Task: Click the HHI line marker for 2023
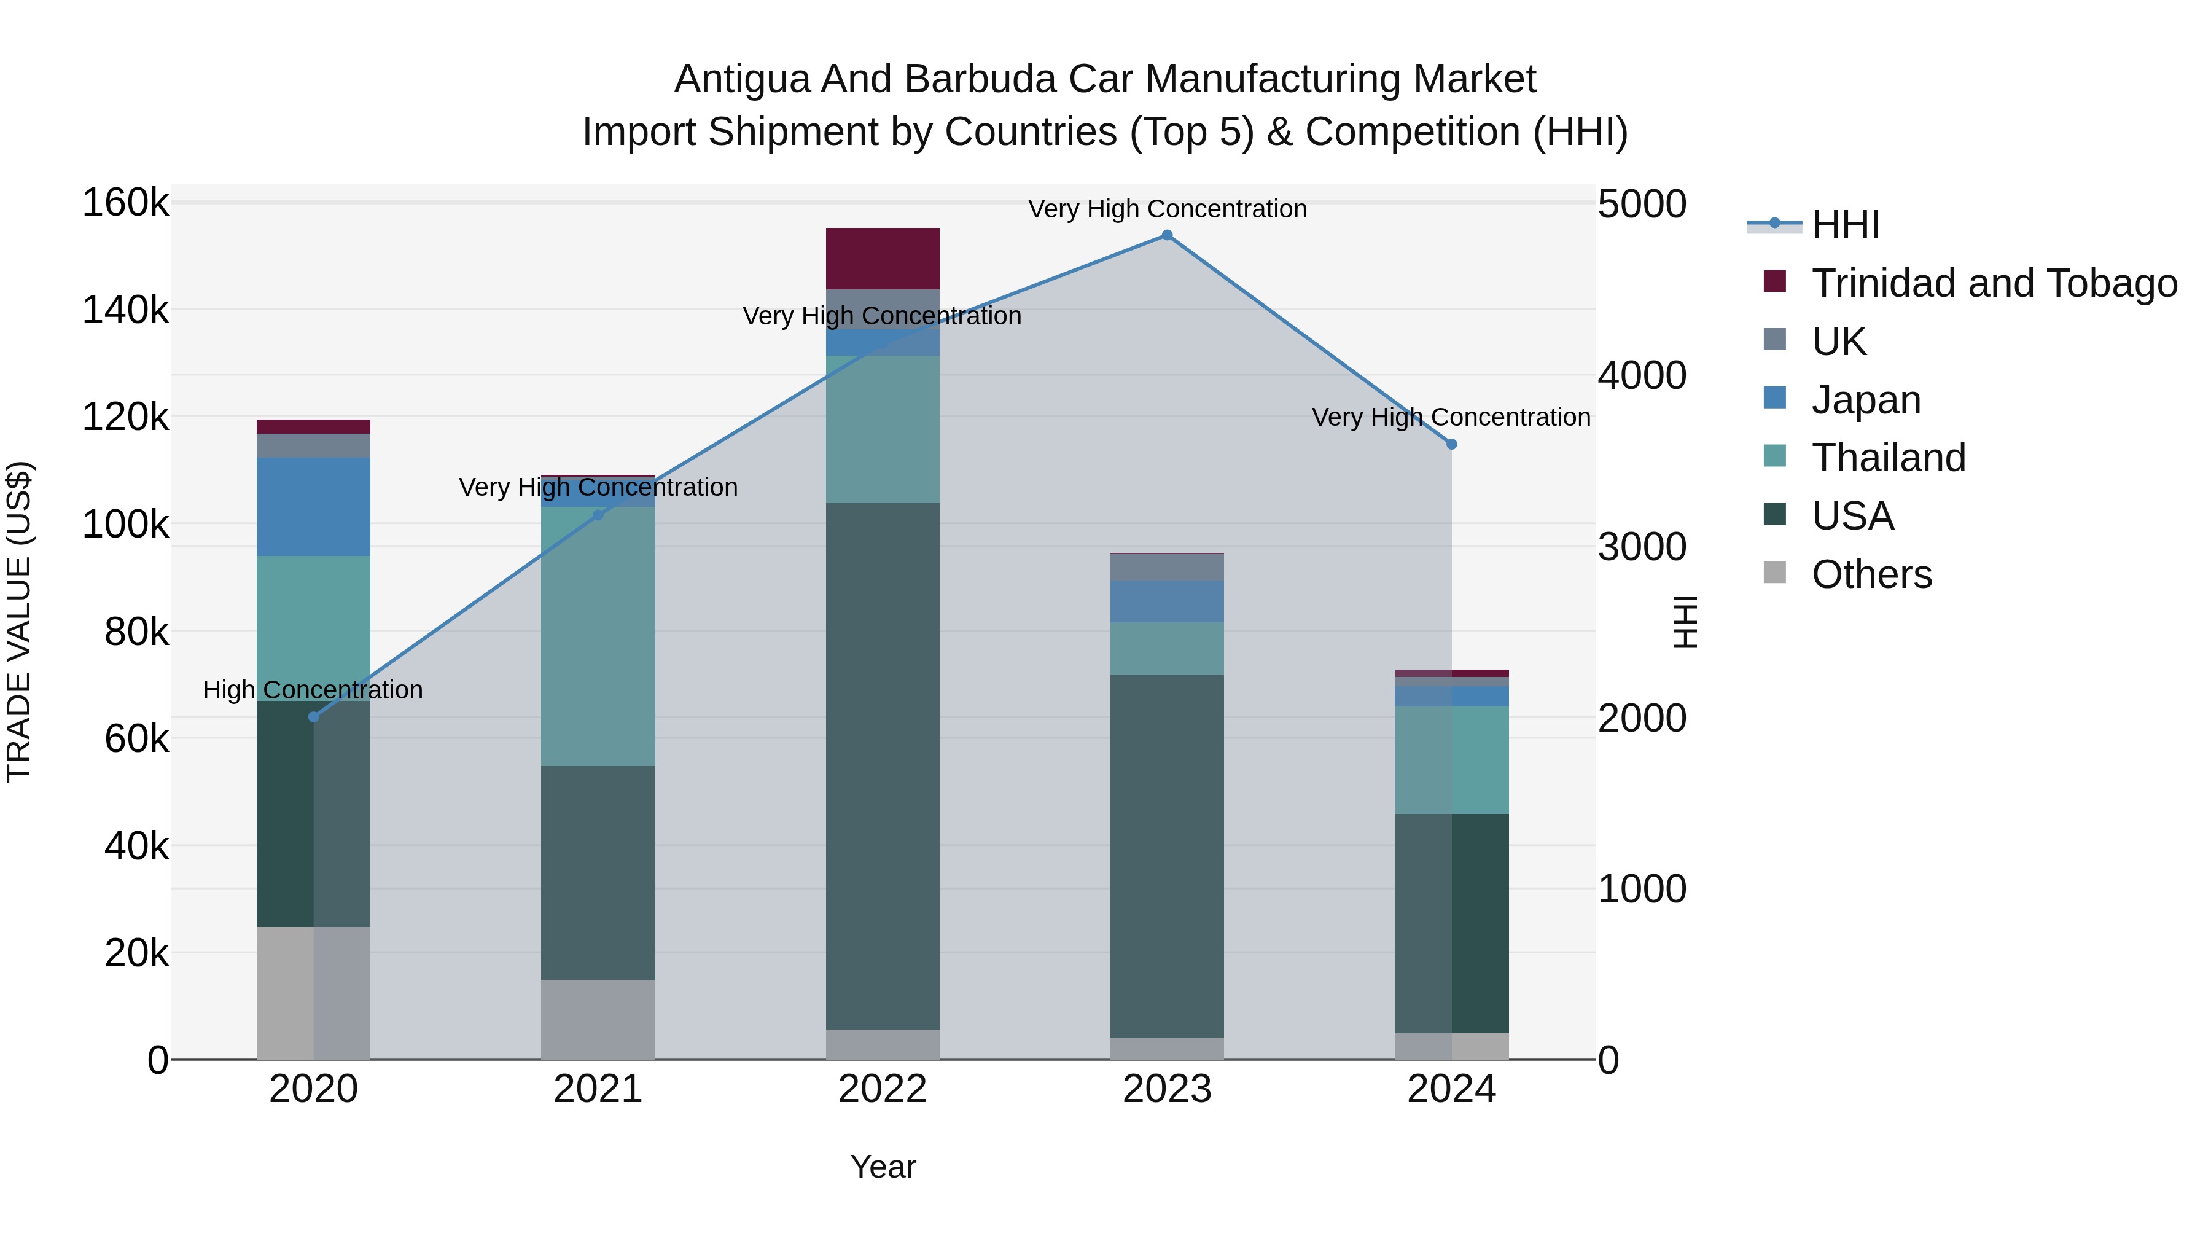tap(1166, 235)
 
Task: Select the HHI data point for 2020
tap(313, 717)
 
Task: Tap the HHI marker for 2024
tap(1451, 445)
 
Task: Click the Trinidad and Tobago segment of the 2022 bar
tap(883, 259)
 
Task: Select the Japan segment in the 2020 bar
tap(313, 507)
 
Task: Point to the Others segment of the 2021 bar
tap(598, 1019)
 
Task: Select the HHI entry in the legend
tap(1846, 225)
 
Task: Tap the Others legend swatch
tap(1774, 573)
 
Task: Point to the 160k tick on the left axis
tap(125, 203)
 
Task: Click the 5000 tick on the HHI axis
tap(1641, 205)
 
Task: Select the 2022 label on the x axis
tap(883, 1089)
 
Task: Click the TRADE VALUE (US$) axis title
tap(19, 622)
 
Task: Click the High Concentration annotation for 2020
tap(313, 690)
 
